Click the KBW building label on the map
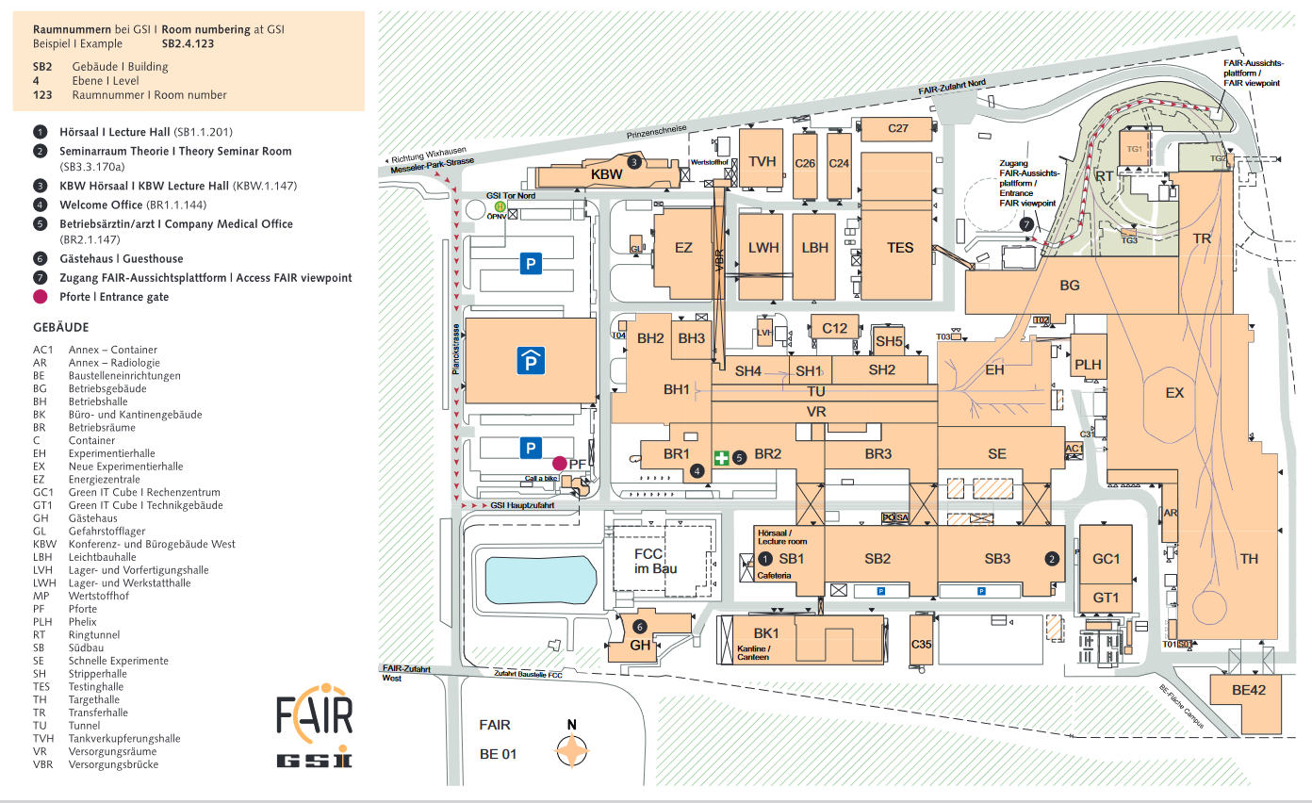607,174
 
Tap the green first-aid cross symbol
721,458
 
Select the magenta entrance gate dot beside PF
559,463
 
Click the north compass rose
571,750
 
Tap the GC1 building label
1106,559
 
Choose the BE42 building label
1250,691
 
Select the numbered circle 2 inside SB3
1052,557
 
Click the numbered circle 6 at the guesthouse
640,627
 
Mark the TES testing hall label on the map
900,248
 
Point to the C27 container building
897,128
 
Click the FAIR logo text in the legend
315,715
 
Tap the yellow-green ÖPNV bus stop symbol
501,206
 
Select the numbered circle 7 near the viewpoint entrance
1026,223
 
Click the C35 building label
921,645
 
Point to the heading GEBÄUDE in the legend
60,327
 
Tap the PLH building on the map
1088,365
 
